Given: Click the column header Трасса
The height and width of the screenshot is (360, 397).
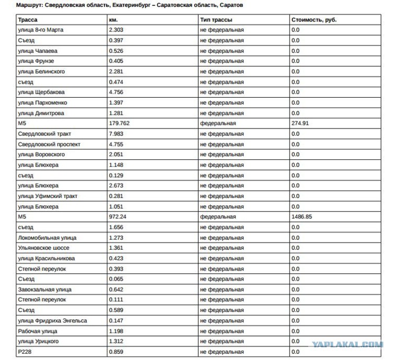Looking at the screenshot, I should click(x=27, y=20).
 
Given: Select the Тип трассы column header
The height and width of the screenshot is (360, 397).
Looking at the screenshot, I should click(x=216, y=20).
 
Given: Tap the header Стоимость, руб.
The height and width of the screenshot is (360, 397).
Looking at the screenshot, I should click(x=313, y=20).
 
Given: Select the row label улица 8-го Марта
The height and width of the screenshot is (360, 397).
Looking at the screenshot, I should click(x=41, y=30).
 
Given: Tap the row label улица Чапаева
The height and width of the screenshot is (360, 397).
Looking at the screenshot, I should click(x=38, y=51).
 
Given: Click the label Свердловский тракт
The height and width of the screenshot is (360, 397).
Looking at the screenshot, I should click(x=43, y=134).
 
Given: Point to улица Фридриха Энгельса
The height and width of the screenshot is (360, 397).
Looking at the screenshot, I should click(x=52, y=320).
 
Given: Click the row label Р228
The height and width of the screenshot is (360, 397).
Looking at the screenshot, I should click(x=25, y=352).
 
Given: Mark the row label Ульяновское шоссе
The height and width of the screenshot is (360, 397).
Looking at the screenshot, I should click(x=43, y=248).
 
